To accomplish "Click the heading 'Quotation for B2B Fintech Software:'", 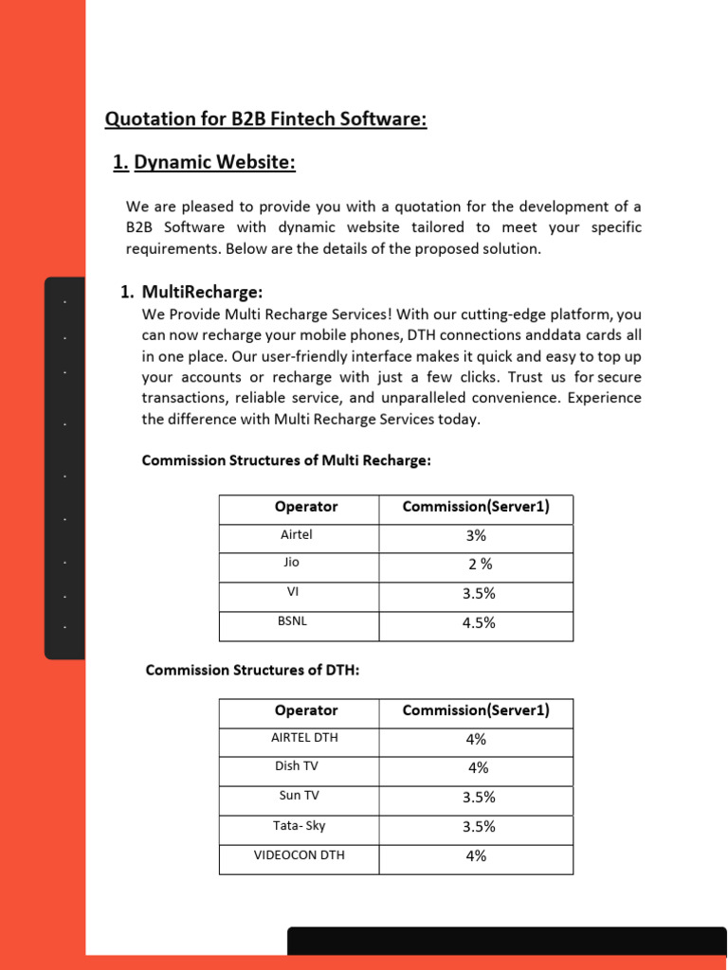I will (265, 119).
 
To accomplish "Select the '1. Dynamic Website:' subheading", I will (204, 163).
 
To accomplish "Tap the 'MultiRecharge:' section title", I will (202, 291).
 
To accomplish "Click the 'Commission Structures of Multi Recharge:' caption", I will (286, 460).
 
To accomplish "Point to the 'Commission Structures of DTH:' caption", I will (252, 670).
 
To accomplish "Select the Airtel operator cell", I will (297, 535).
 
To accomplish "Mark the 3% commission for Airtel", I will (476, 536).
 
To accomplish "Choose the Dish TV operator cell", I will (297, 766).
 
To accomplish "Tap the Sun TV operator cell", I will (299, 796).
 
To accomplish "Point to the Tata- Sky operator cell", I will (299, 825).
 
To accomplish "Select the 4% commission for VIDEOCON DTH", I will (476, 856).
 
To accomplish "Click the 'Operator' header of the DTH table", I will (305, 710).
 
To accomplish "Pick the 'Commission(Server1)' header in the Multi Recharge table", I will (476, 507).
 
